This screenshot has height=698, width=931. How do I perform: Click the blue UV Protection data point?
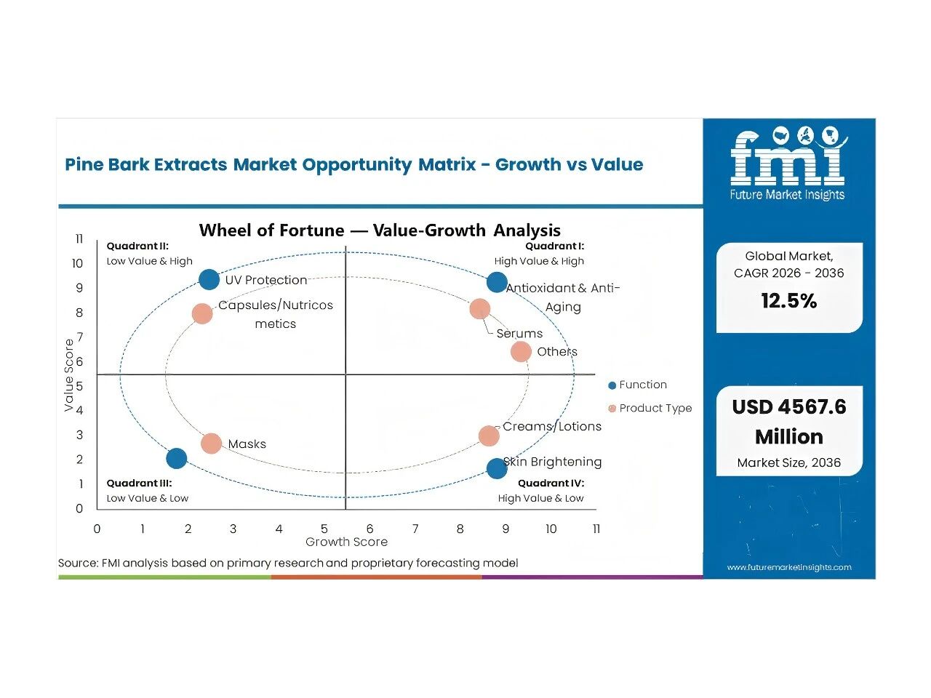[x=209, y=280]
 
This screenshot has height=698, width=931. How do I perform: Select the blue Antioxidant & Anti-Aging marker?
[x=497, y=282]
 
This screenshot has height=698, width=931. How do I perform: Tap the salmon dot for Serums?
[x=480, y=309]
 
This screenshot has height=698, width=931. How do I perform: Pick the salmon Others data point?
[x=521, y=351]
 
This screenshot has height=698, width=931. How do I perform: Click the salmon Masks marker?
[x=211, y=444]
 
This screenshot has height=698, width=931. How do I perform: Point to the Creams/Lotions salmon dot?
[x=489, y=436]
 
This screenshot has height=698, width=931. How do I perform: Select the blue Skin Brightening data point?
[x=497, y=469]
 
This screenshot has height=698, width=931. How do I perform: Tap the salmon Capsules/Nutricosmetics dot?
[x=202, y=313]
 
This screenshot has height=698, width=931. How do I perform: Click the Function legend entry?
[x=637, y=385]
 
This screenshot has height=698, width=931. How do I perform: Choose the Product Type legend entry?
[x=650, y=408]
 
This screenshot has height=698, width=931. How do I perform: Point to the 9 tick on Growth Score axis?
[x=506, y=529]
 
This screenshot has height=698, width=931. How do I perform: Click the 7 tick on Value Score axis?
[x=79, y=337]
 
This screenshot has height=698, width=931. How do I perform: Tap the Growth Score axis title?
[x=346, y=542]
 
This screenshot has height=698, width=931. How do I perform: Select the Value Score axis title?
[x=68, y=375]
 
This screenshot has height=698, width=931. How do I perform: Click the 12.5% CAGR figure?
[x=789, y=300]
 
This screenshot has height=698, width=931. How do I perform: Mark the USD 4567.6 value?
[x=789, y=407]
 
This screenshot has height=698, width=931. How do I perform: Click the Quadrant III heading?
[x=139, y=483]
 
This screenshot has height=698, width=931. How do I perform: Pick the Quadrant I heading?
[x=555, y=246]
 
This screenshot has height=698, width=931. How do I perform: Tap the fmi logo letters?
[x=788, y=157]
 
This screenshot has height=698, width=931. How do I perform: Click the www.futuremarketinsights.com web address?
[x=789, y=567]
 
